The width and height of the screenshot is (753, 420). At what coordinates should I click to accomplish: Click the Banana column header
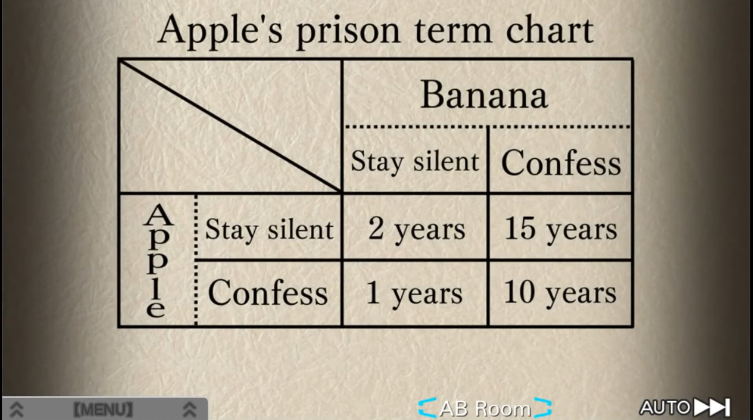[484, 95]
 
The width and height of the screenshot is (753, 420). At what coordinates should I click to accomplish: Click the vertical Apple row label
[158, 260]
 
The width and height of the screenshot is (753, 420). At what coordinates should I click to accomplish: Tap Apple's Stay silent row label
[269, 229]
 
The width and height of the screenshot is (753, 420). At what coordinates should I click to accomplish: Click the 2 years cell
[416, 229]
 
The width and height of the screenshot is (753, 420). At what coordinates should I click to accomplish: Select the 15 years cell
[561, 229]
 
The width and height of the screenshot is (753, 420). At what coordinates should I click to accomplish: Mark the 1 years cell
[414, 293]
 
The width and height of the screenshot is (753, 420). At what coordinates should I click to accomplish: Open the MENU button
[103, 409]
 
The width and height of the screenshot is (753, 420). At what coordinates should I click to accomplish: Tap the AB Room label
[485, 409]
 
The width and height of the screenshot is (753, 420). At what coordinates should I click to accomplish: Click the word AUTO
[665, 407]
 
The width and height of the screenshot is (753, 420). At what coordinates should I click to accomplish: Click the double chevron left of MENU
[16, 409]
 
